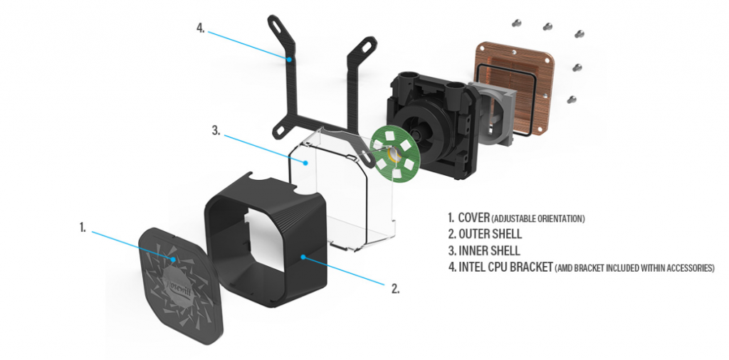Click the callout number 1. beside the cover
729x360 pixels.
tap(83, 228)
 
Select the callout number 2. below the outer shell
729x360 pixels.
tap(394, 289)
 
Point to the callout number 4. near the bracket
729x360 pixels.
tap(201, 29)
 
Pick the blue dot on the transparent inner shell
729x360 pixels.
tap(306, 163)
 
